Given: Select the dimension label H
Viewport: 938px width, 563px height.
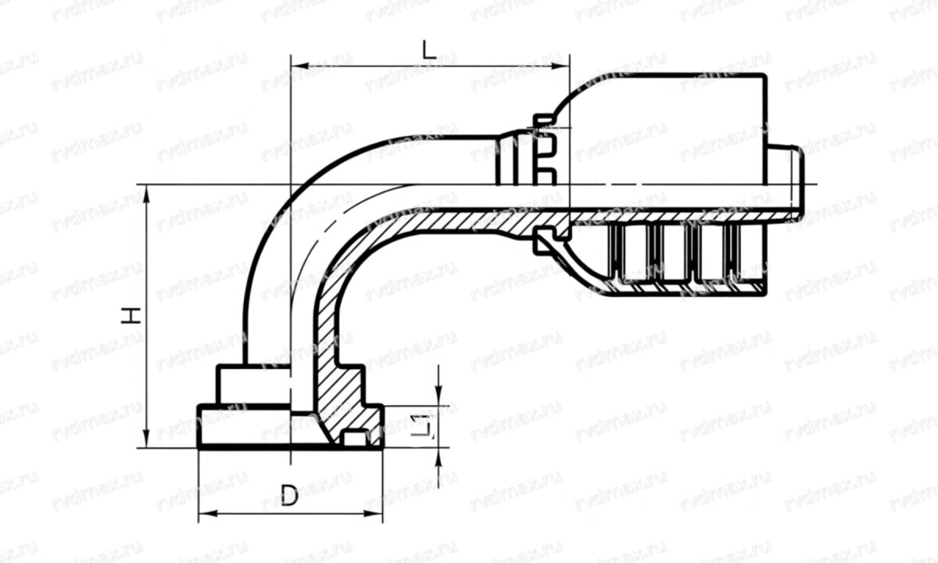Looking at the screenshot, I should coord(132,315).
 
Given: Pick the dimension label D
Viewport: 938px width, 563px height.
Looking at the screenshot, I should coord(289,496).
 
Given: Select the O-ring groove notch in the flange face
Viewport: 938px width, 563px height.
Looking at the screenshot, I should coord(355,439).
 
